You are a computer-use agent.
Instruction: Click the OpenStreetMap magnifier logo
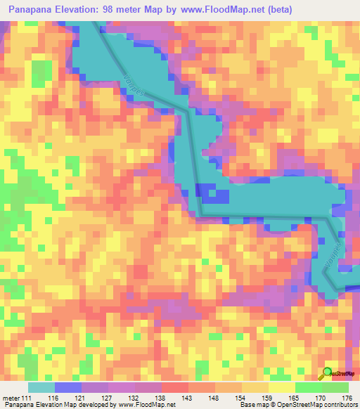328,372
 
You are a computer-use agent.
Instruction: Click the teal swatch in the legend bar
40,387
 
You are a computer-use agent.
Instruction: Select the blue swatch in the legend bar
67,387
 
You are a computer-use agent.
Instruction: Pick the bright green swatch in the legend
308,387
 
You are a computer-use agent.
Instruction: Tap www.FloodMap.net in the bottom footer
147,404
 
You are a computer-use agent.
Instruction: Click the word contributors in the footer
337,404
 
